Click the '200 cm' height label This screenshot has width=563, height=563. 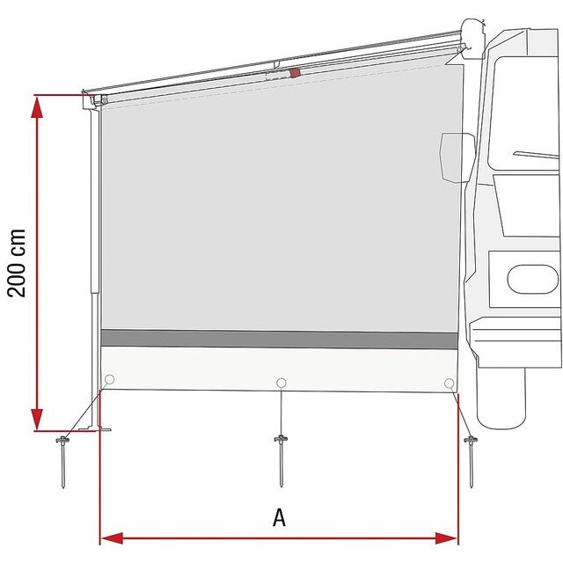[18, 263]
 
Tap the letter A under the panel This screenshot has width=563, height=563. [279, 518]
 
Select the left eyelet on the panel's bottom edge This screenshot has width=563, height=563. [109, 380]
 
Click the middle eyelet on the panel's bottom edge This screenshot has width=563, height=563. [281, 383]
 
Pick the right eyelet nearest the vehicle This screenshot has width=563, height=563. [450, 383]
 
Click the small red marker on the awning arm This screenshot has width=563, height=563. [296, 72]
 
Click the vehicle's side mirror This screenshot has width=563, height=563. [457, 158]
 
